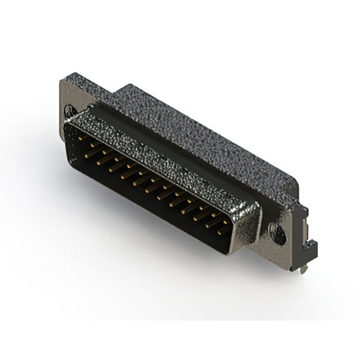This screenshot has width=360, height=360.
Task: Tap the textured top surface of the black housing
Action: pyautogui.click(x=202, y=135)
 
